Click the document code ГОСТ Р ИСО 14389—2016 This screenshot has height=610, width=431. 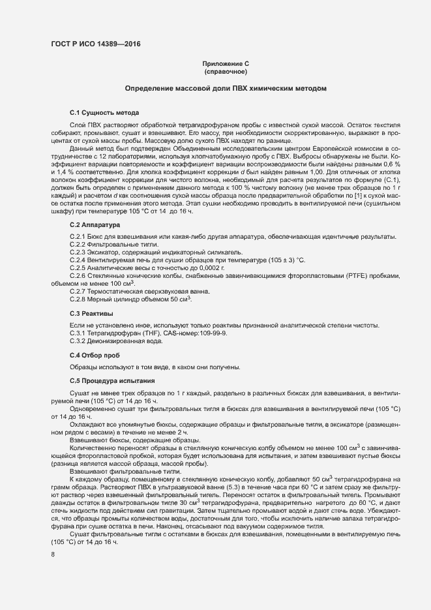95,44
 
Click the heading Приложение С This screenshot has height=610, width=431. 226,64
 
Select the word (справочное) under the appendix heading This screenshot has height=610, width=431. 226,72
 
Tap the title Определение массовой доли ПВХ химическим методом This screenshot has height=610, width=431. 226,88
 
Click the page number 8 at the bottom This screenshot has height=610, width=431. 53,555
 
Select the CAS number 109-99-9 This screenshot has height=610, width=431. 210,333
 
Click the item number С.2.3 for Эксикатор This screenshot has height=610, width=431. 78,252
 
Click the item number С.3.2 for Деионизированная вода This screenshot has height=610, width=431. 78,341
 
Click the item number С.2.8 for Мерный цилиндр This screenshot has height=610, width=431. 78,299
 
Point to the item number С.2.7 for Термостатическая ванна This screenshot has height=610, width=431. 78,292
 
